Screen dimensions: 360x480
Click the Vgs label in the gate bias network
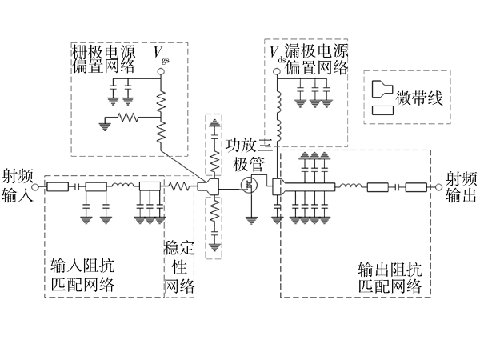pyautogui.click(x=162, y=54)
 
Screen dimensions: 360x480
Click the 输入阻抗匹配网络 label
pyautogui.click(x=82, y=275)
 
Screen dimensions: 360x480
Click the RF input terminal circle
pyautogui.click(x=38, y=187)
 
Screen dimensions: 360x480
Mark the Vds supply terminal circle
pyautogui.click(x=276, y=71)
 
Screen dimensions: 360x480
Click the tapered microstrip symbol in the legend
pyautogui.click(x=381, y=86)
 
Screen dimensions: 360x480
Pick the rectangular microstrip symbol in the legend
pyautogui.click(x=382, y=109)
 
